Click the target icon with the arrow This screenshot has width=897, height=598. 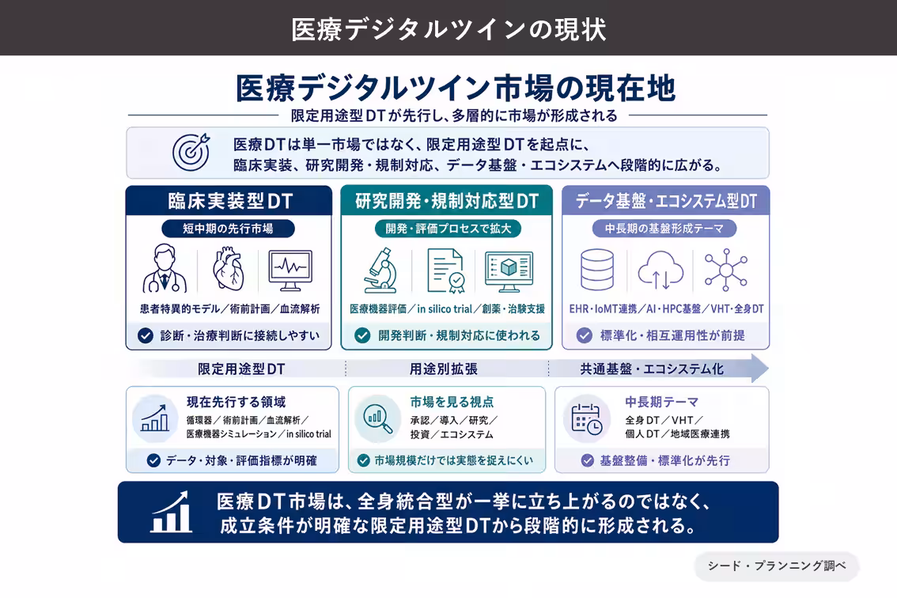point(191,152)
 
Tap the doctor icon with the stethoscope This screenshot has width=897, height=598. point(165,268)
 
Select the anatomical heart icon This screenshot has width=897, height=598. point(229,268)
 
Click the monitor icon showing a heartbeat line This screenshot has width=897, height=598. point(290,270)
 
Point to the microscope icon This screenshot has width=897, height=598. point(381,270)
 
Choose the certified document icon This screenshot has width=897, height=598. point(446,271)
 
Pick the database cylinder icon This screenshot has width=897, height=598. point(597,270)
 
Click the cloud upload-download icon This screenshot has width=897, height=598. point(660,270)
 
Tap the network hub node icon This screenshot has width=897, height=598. point(726,270)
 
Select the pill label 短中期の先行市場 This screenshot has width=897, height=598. point(229,229)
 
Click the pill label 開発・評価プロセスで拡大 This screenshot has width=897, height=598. point(448,229)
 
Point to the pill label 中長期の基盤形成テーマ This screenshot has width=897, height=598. point(664,229)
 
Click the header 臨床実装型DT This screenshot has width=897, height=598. point(230,201)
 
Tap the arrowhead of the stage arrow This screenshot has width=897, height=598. point(759,368)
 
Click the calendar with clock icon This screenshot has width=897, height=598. point(586,419)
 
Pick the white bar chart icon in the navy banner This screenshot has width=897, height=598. point(171,512)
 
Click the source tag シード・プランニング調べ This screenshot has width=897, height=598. point(777,566)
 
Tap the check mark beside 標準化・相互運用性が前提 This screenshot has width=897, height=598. point(584,335)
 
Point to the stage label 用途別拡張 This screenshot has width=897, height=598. point(443,369)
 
